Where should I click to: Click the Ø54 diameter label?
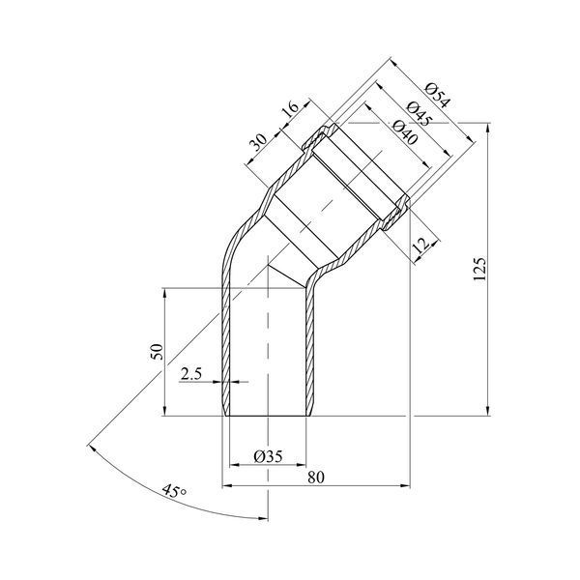point(438,96)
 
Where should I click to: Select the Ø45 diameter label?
point(420,114)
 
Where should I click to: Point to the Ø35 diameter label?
point(268,456)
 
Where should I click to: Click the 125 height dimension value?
point(479,269)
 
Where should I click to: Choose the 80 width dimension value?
point(316,478)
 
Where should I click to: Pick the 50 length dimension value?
point(157,352)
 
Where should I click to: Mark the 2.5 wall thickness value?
point(190,374)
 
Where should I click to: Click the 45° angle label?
point(174,490)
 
